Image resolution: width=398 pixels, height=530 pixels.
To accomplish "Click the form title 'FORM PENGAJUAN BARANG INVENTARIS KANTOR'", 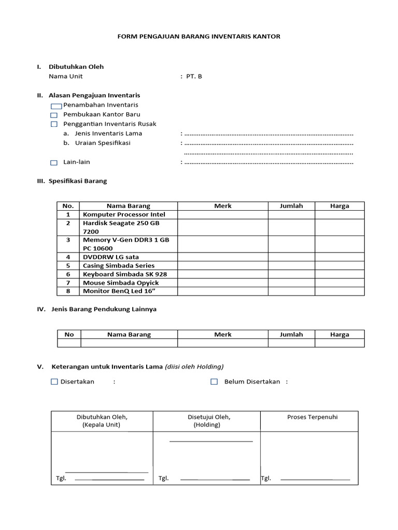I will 199,37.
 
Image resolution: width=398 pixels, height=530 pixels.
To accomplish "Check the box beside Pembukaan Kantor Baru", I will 54,115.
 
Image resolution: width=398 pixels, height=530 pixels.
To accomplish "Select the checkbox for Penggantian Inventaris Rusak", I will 54,124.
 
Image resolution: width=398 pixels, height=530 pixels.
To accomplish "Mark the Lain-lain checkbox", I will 54,163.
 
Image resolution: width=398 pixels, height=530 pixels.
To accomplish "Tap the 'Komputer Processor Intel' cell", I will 124,214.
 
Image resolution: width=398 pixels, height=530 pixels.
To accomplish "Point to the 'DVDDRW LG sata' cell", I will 111,257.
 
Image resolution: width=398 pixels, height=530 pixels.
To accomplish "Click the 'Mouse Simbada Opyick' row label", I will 121,283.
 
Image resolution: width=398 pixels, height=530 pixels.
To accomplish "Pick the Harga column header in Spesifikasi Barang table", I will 339,205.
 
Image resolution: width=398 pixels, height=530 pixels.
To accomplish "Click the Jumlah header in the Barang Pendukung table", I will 291,334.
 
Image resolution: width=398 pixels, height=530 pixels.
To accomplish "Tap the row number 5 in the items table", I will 68,266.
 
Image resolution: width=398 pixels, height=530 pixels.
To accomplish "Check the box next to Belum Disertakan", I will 214,382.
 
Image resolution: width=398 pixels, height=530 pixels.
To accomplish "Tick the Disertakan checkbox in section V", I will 54,382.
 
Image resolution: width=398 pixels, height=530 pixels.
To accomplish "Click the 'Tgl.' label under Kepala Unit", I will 61,478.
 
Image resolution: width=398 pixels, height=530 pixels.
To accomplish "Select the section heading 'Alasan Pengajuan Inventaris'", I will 94,95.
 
